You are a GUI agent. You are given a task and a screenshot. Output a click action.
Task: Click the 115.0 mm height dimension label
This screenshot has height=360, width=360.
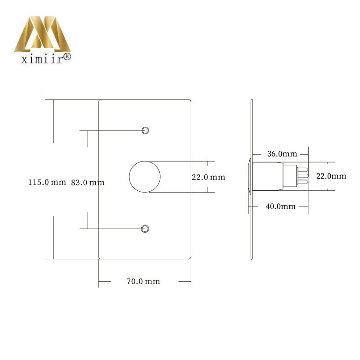(46, 182)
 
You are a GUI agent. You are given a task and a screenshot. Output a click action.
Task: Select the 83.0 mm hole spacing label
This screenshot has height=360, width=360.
(88, 182)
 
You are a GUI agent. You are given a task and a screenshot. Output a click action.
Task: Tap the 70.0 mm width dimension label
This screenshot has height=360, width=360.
(143, 282)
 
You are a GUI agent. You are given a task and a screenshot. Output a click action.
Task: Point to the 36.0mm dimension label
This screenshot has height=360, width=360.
(282, 153)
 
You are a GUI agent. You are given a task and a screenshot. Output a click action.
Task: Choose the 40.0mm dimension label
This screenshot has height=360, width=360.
(280, 207)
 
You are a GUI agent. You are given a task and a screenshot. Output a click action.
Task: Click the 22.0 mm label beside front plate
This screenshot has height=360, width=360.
(208, 177)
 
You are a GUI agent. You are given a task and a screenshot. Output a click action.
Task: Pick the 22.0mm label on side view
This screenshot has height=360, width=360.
(331, 176)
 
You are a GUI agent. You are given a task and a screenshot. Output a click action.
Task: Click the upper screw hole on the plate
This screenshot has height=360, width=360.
(145, 130)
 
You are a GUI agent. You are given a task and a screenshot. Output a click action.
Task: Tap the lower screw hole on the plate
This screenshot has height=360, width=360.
(145, 229)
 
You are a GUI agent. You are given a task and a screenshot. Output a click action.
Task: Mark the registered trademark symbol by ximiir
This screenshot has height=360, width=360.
(67, 57)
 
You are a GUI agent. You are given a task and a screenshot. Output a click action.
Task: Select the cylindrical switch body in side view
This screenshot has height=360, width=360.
(268, 176)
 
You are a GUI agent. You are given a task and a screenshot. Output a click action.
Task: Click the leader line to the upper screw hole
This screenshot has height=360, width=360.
(112, 130)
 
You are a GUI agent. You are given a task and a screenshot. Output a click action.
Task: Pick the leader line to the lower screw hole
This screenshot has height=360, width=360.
(112, 229)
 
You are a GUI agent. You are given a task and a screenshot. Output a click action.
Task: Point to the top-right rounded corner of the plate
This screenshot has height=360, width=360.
(191, 102)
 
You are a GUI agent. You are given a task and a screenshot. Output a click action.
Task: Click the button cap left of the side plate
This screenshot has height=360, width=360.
(249, 176)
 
